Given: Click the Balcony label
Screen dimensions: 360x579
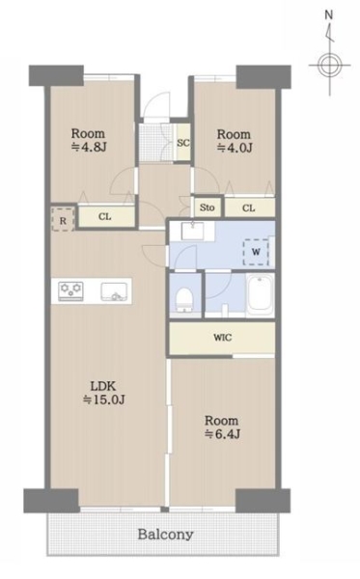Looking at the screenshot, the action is [165, 534].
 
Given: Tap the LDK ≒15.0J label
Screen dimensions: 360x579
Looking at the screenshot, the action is [104, 393].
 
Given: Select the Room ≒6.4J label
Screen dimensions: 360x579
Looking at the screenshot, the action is [222, 427].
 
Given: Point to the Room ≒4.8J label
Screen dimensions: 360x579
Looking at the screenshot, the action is [88, 140].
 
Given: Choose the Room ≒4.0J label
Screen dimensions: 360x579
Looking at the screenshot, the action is [234, 141].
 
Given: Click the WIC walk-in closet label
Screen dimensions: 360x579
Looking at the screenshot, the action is [223, 337].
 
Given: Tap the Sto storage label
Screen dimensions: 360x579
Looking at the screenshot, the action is [208, 207].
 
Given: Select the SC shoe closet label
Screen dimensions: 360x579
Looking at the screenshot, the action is [183, 143].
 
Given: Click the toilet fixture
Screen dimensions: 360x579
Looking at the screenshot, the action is [184, 299].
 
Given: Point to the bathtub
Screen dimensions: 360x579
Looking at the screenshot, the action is [260, 295].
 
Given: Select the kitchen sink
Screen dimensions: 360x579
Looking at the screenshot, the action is [115, 291].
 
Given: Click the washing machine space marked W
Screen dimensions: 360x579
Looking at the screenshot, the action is [256, 252].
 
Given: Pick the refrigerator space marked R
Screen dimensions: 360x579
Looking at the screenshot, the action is [63, 220].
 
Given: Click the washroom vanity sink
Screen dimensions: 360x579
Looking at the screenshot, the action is [192, 231].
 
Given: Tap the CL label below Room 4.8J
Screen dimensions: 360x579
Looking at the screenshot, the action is [105, 216].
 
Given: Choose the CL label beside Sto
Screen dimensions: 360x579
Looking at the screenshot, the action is [248, 207].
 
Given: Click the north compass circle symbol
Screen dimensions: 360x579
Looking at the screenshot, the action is [329, 66].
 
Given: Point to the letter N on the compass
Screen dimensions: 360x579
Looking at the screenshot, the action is [328, 15].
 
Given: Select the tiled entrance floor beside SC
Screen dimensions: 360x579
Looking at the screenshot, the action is [156, 143].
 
